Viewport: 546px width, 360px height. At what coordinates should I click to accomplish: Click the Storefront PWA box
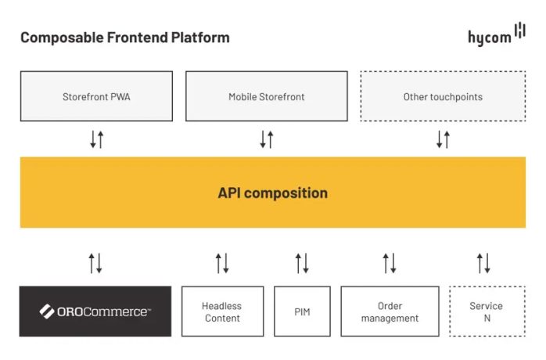96,96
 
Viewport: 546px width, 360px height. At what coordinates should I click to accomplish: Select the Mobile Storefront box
266,96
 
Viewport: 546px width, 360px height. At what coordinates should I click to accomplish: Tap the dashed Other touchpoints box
442,96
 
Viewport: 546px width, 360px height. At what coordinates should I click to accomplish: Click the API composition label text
272,193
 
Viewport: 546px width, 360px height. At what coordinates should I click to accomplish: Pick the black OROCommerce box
95,311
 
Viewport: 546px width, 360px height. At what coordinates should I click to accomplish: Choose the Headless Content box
221,311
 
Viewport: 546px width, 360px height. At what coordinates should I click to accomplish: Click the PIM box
302,311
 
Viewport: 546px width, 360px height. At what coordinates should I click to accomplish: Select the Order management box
390,311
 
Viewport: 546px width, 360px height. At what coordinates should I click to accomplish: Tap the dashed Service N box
487,311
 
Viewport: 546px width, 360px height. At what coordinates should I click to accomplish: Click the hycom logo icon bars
519,33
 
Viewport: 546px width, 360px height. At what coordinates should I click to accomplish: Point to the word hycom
488,38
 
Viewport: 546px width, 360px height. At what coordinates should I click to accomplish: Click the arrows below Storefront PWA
96,139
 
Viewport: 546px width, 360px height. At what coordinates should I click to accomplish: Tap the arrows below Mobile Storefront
266,139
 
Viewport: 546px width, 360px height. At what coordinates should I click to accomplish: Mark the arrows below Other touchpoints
443,139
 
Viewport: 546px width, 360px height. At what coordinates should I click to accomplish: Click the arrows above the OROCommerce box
95,263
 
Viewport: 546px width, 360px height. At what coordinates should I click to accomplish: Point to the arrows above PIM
302,263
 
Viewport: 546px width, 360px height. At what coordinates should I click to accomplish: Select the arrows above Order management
390,263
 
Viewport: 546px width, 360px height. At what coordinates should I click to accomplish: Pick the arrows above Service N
483,263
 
